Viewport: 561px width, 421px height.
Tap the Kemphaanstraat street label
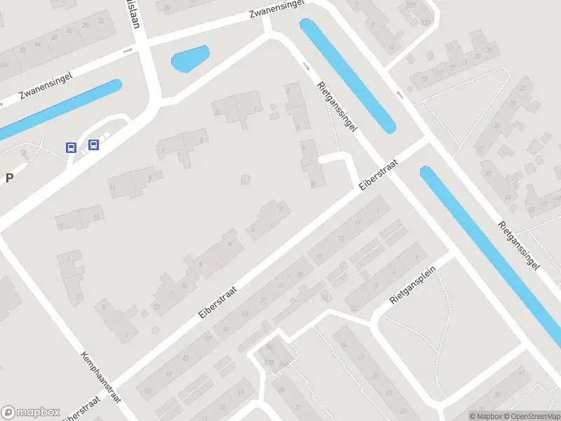[101, 375]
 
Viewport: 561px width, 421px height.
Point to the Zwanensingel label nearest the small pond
[278, 9]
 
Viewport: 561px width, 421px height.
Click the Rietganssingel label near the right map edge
[519, 246]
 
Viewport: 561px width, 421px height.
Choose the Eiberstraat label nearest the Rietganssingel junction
[379, 175]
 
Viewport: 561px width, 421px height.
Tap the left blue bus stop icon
[71, 147]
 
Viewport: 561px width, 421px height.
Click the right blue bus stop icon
[93, 145]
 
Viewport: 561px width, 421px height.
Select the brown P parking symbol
[9, 178]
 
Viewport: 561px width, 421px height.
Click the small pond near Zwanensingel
[190, 59]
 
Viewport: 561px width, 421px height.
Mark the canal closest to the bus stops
[60, 109]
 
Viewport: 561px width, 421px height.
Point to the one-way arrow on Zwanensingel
[128, 51]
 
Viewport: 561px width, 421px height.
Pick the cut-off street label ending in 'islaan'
[132, 14]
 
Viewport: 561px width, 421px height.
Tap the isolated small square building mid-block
[245, 180]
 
